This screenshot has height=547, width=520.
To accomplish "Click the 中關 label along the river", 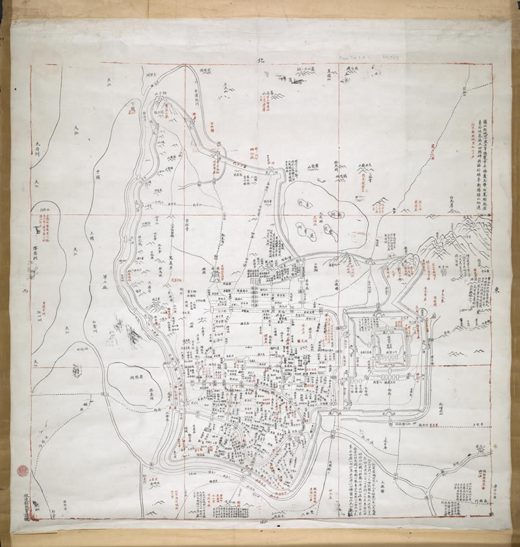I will [x=98, y=174].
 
